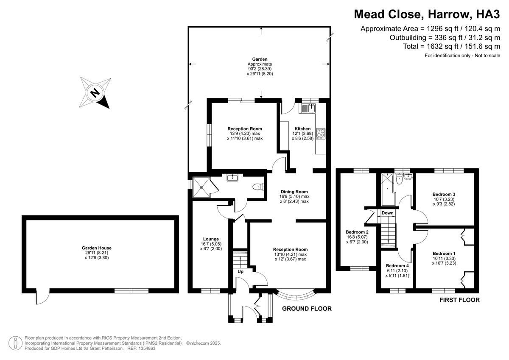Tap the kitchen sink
click(x=308, y=108)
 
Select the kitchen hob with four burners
click(x=321, y=134)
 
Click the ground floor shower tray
click(x=201, y=187)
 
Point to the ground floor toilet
click(x=258, y=187)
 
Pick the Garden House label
click(x=97, y=248)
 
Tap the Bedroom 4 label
click(x=397, y=265)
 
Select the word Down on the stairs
click(x=387, y=213)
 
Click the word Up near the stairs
click(x=241, y=272)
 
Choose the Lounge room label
click(x=211, y=239)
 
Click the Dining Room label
click(x=294, y=192)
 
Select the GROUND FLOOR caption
click(x=307, y=308)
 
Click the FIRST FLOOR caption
click(x=459, y=300)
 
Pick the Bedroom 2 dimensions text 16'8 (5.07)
click(x=357, y=237)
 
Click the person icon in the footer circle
click(x=15, y=343)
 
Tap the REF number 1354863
click(x=147, y=348)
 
